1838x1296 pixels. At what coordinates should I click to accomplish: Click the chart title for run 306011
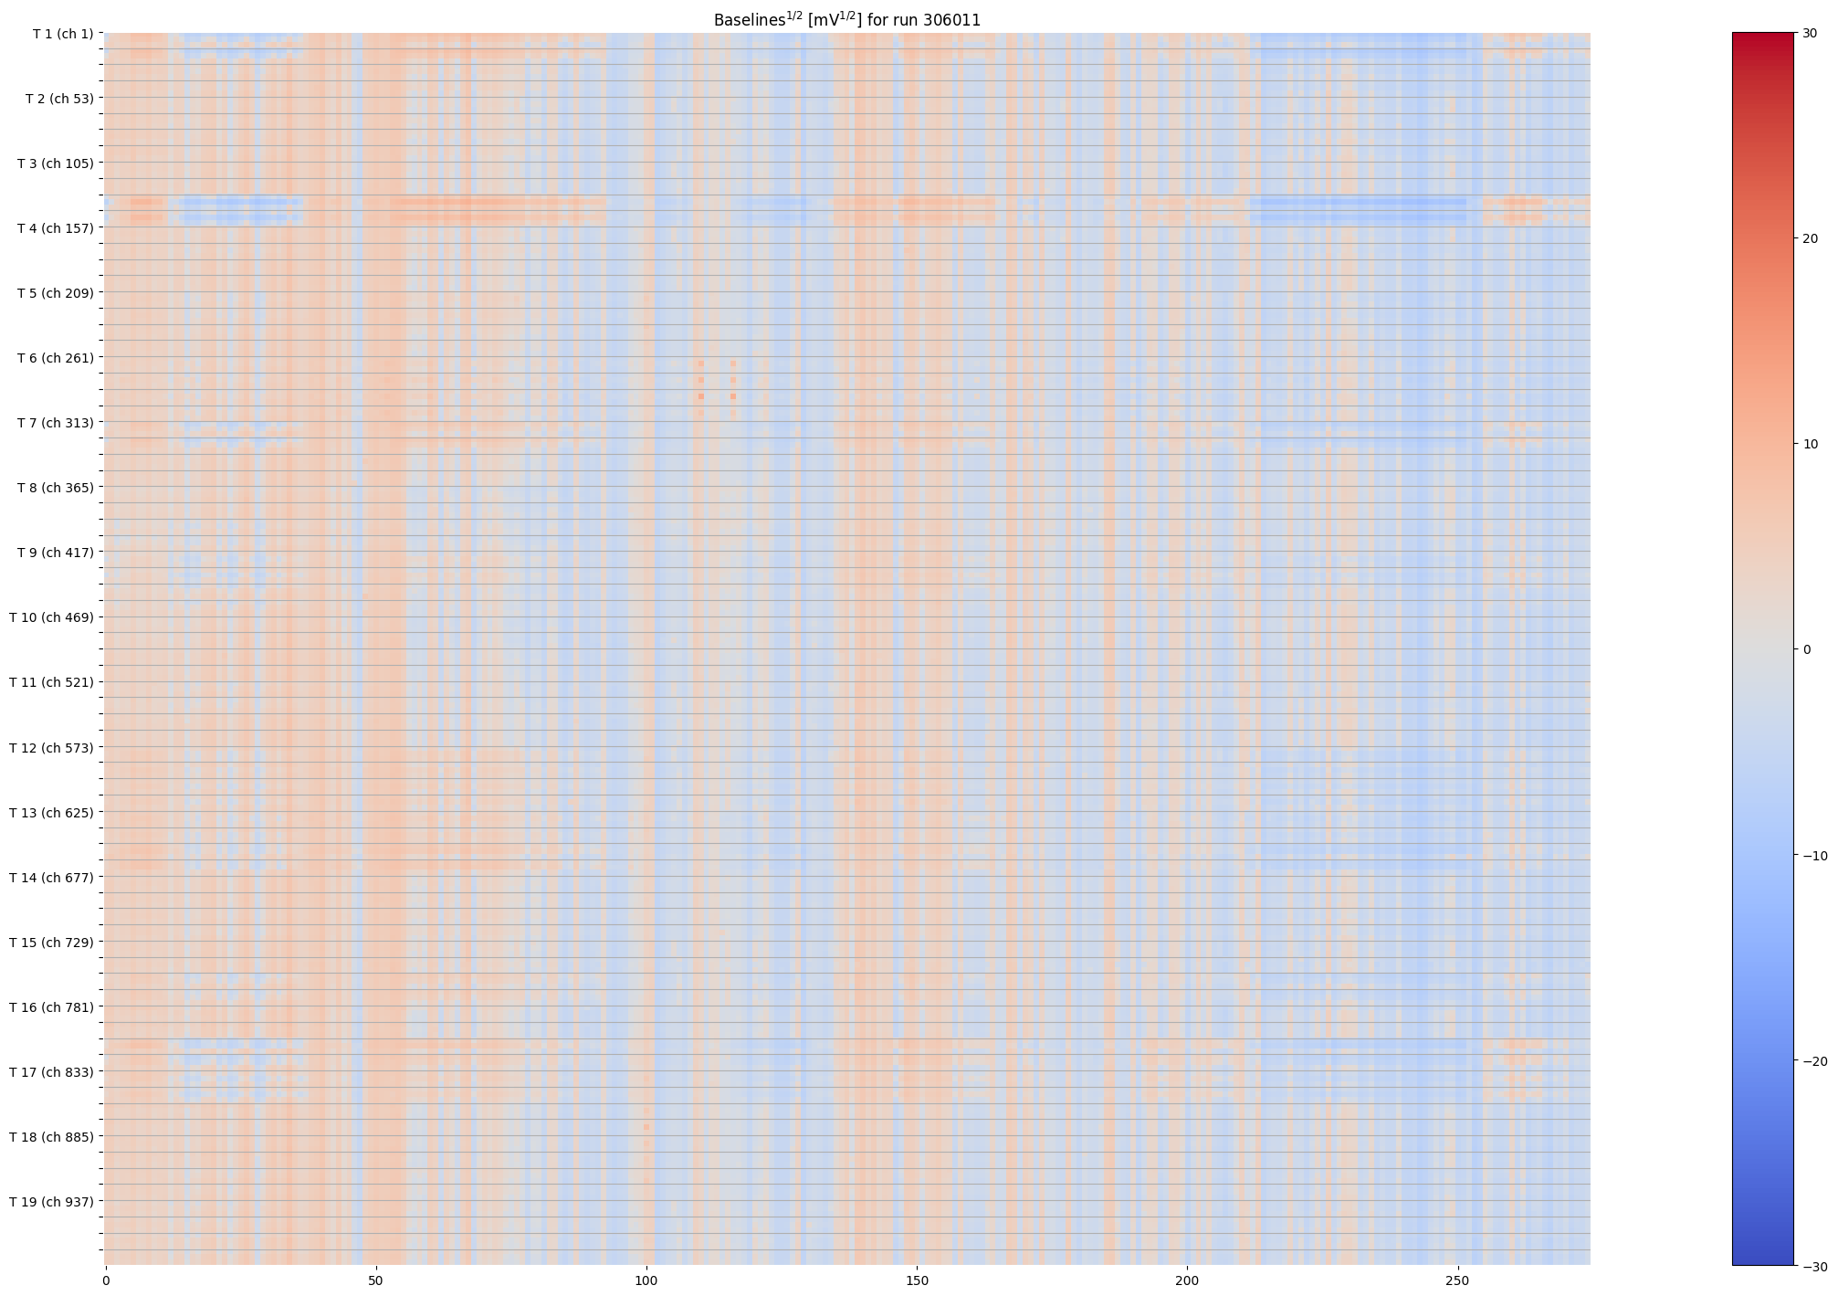[x=846, y=20]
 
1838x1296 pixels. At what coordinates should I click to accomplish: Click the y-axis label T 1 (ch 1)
[x=62, y=34]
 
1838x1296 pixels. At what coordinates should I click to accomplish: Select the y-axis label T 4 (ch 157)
[x=55, y=228]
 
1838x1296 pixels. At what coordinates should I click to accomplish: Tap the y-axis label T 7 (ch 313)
[x=55, y=423]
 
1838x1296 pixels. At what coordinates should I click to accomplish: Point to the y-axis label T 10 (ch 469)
[x=51, y=617]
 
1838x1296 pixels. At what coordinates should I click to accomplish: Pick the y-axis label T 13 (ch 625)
[x=51, y=813]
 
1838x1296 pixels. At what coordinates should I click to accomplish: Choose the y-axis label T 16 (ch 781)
[x=51, y=1007]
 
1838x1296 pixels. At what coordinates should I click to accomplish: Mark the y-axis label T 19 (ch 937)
[x=51, y=1202]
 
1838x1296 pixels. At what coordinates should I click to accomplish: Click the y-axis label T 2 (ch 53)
[x=58, y=99]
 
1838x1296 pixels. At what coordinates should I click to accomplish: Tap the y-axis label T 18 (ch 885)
[x=51, y=1137]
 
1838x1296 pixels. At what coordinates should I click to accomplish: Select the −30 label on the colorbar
[x=1814, y=1267]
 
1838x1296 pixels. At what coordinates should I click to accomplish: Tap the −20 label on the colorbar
[x=1814, y=1061]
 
